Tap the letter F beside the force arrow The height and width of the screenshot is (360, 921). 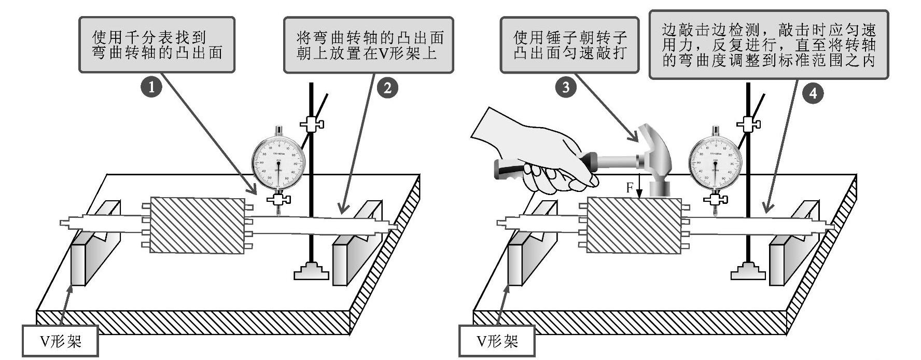coord(630,188)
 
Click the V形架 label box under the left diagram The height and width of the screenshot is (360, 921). coord(61,341)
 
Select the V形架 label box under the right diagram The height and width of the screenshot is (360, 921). coord(497,341)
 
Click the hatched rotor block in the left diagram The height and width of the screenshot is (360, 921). coord(197,225)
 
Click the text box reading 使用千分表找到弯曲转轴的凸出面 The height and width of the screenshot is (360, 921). coord(157,45)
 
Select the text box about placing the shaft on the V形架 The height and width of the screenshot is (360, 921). coord(368,45)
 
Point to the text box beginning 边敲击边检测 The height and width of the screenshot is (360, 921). coord(769,45)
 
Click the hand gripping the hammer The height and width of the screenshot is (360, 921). coord(539,156)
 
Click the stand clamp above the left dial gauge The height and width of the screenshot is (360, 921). coord(312,124)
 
